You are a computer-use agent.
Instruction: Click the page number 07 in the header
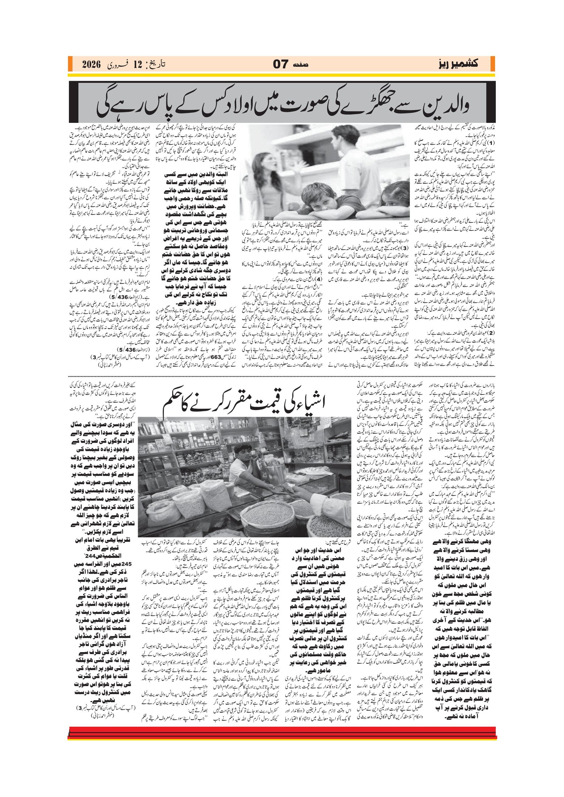coord(281,65)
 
